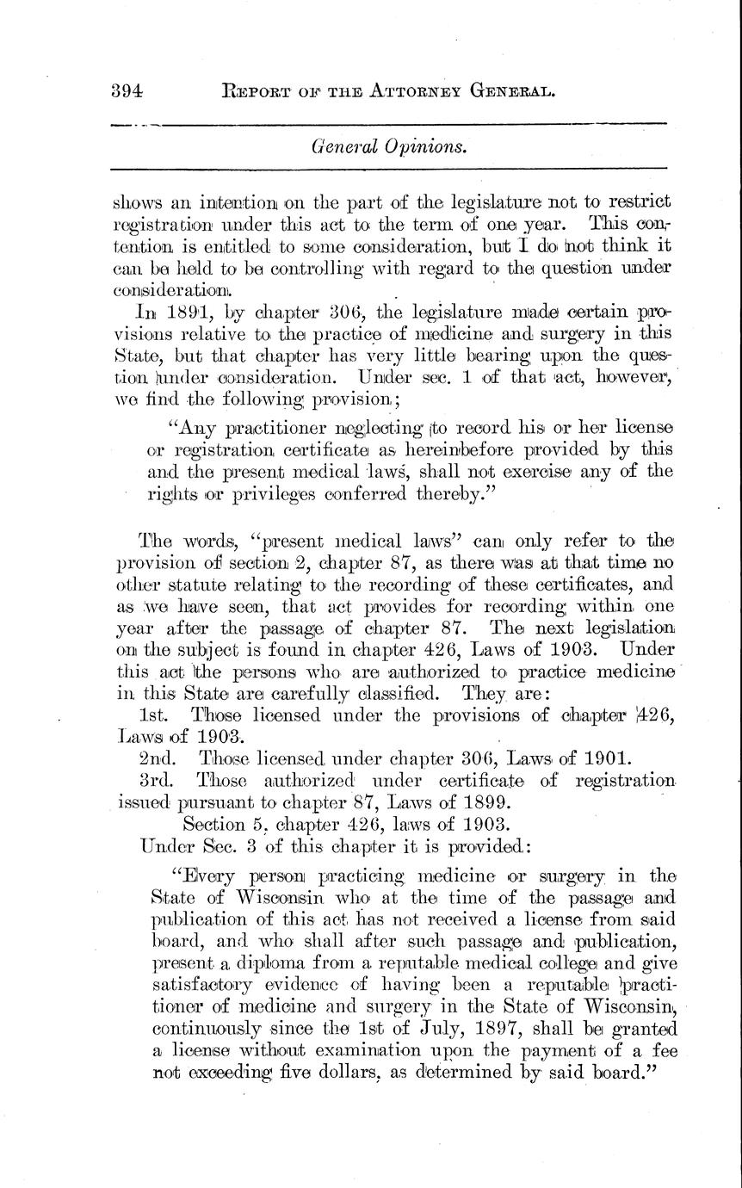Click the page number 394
(x=127, y=90)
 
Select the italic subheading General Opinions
(x=389, y=147)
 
